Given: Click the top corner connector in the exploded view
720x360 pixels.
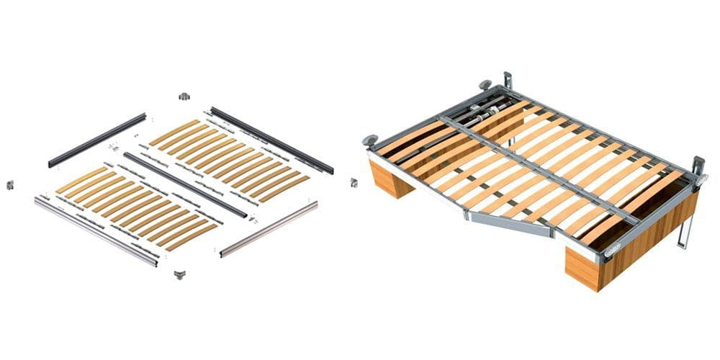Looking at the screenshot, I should (x=183, y=96).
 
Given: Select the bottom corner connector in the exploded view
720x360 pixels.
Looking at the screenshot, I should (x=180, y=274).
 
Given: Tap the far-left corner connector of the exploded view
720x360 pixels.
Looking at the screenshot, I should (x=10, y=185).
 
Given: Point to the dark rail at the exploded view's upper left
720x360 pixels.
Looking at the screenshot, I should (x=97, y=140).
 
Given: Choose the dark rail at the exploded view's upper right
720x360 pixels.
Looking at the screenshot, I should (x=271, y=140).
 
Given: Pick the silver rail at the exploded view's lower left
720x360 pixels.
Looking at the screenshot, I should (x=96, y=231).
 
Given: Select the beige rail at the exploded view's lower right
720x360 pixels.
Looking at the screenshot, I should (x=269, y=228).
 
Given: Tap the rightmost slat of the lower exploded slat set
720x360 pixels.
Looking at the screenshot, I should (x=192, y=236).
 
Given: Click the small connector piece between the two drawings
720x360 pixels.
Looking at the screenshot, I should (x=354, y=183).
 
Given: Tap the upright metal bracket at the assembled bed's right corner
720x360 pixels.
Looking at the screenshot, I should (x=697, y=167).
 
